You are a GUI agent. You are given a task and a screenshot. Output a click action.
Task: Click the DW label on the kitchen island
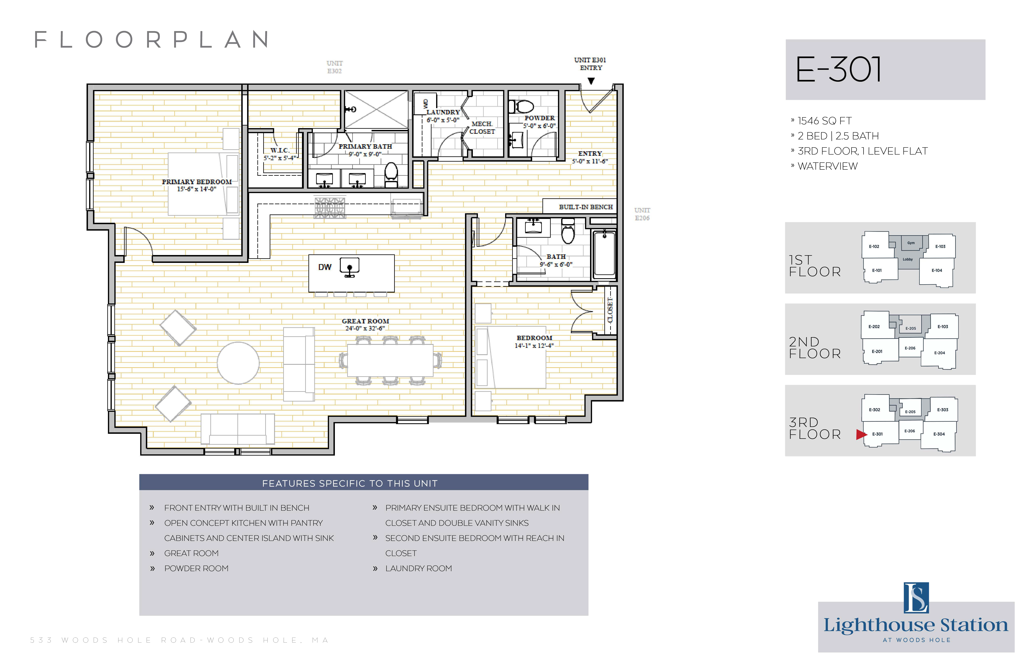pyautogui.click(x=325, y=267)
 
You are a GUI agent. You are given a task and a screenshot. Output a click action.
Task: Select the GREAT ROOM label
pyautogui.click(x=365, y=321)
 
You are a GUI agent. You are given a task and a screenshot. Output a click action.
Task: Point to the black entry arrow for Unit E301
pyautogui.click(x=591, y=81)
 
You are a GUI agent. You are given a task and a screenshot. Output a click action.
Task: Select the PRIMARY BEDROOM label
pyautogui.click(x=197, y=182)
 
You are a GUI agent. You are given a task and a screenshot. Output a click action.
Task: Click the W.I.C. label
pyautogui.click(x=280, y=150)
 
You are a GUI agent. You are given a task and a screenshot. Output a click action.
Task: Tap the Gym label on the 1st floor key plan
pyautogui.click(x=911, y=243)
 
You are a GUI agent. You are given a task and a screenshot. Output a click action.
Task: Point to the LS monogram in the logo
pyautogui.click(x=916, y=598)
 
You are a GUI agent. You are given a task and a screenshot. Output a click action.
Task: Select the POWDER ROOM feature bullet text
pyautogui.click(x=196, y=568)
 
